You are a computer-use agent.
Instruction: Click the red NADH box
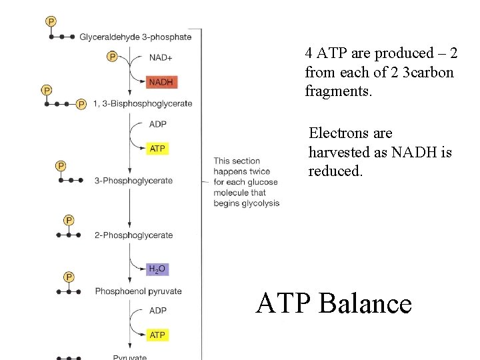[161, 82]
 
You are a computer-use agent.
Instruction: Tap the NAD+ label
[161, 57]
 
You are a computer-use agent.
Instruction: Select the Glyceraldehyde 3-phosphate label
[135, 37]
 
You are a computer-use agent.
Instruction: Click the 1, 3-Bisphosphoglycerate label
[143, 103]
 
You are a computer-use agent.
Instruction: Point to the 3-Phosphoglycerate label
[133, 180]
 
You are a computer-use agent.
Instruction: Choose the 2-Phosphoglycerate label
[133, 235]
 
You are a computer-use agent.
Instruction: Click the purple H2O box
[157, 269]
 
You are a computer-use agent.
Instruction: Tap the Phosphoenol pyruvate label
[138, 291]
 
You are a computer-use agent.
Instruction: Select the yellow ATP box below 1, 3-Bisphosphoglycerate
[157, 148]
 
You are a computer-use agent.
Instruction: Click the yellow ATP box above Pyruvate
[157, 335]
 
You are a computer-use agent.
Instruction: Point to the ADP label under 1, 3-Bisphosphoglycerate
[158, 124]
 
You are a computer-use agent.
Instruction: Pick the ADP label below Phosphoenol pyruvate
[158, 310]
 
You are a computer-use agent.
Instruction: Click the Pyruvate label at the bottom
[130, 357]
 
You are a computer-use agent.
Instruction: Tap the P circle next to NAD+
[113, 57]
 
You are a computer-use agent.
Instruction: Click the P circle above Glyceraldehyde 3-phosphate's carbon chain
[51, 21]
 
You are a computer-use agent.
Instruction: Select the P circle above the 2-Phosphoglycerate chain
[69, 220]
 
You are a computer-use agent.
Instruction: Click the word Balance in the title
[365, 304]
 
